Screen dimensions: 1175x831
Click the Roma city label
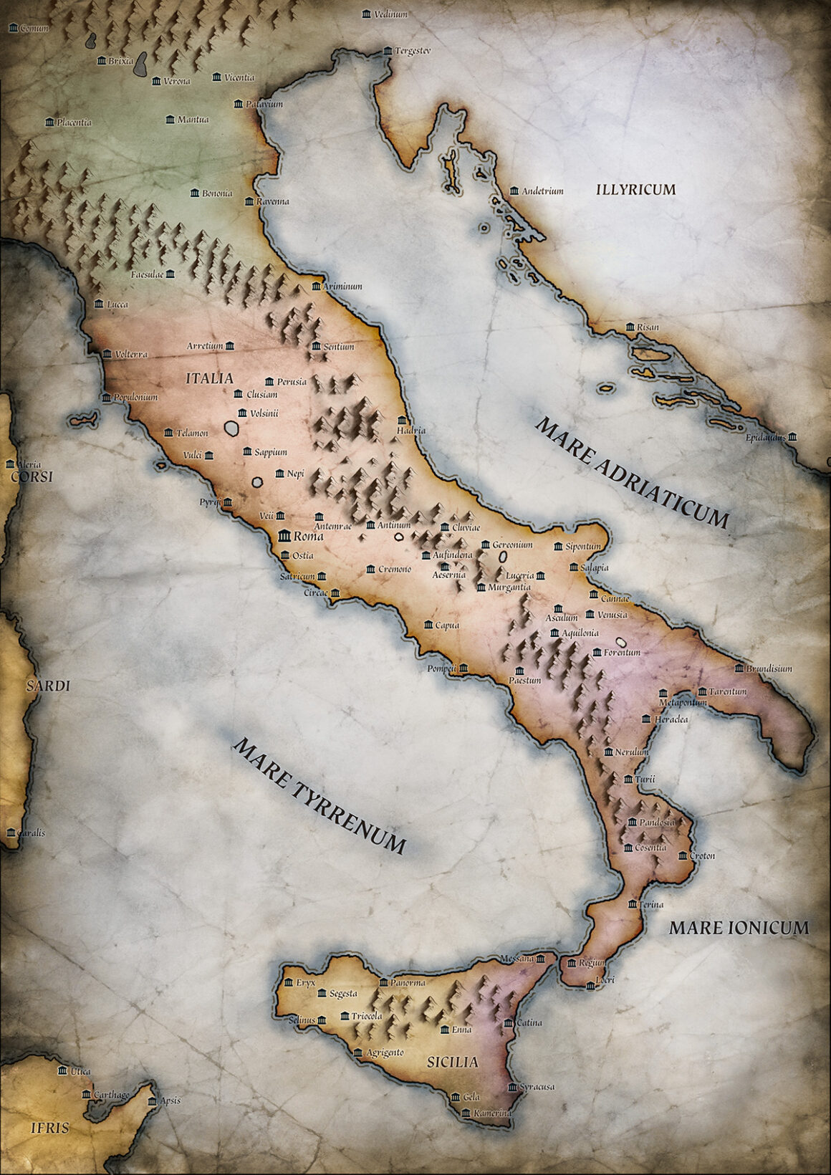coord(309,536)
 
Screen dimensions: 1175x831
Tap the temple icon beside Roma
coord(284,535)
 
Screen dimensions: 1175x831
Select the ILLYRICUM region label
coord(635,189)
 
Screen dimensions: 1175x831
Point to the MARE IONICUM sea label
coord(739,928)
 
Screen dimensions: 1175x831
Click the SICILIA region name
coord(452,1062)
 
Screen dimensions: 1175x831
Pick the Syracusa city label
coord(537,1086)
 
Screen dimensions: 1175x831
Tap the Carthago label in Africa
coord(111,1095)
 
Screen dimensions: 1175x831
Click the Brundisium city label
coord(769,668)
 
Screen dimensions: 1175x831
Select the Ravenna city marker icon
coord(249,201)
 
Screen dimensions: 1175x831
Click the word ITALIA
coord(209,378)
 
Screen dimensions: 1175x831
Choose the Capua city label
coord(447,625)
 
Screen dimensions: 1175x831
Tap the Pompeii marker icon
coord(463,668)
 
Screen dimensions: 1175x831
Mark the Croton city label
coord(702,855)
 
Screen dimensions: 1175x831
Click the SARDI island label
coord(48,686)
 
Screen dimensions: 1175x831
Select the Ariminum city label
coord(342,286)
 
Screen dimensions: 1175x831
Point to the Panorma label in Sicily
coord(408,982)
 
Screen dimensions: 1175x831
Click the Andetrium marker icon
coord(514,191)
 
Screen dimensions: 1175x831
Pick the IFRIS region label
coord(49,1128)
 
